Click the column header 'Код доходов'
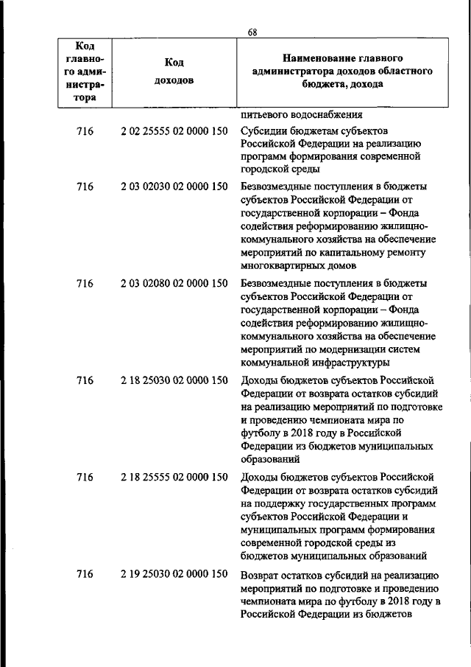(174, 71)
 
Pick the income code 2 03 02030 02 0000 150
(174, 186)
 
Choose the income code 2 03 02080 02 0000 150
(174, 283)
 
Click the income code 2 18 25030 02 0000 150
(174, 380)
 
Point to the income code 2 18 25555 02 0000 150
(174, 478)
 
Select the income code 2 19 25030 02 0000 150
(174, 574)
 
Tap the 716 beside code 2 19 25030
(85, 574)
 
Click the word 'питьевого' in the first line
(264, 114)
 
